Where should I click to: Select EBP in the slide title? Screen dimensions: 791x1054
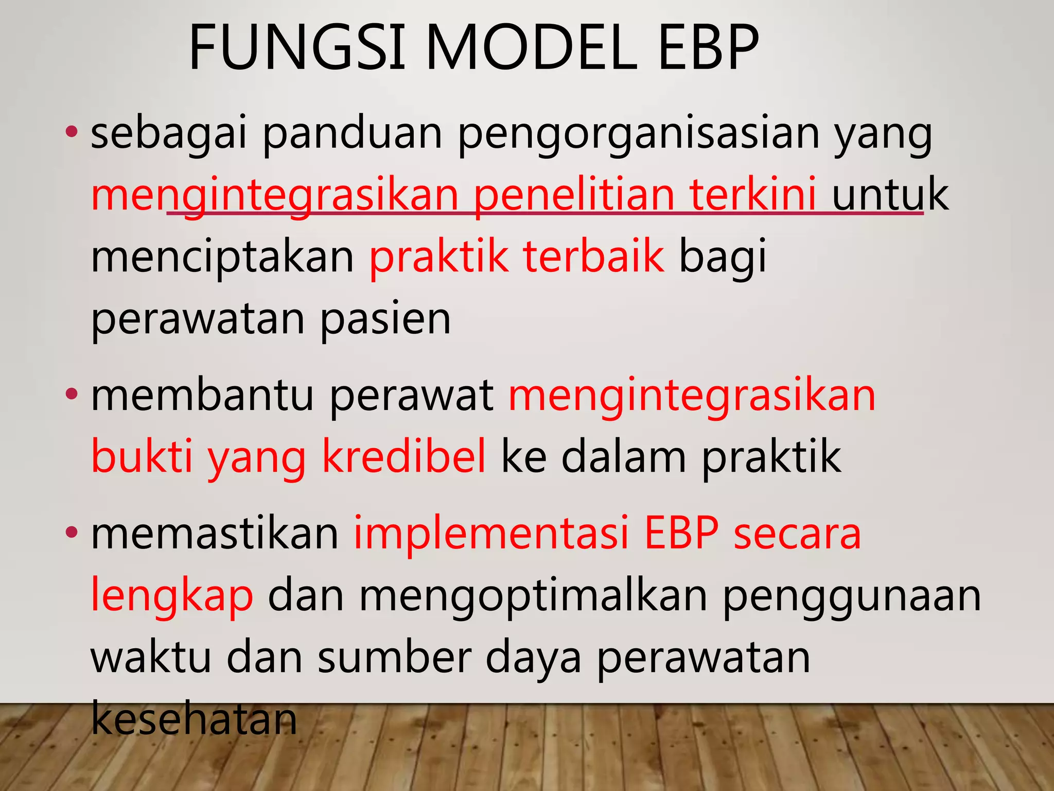tap(708, 47)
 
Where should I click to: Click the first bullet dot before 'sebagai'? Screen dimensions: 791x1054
tap(72, 132)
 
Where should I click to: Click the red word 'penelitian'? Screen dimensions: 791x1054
tap(574, 196)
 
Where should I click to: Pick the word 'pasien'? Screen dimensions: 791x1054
tap(385, 319)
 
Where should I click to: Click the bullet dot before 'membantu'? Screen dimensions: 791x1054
tap(72, 394)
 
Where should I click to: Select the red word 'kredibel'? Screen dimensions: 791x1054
tap(404, 456)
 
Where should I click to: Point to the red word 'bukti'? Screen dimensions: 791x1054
tap(142, 456)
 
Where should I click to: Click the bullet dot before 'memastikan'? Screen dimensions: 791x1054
tap(72, 532)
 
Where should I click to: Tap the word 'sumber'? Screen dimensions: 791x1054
tap(394, 658)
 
